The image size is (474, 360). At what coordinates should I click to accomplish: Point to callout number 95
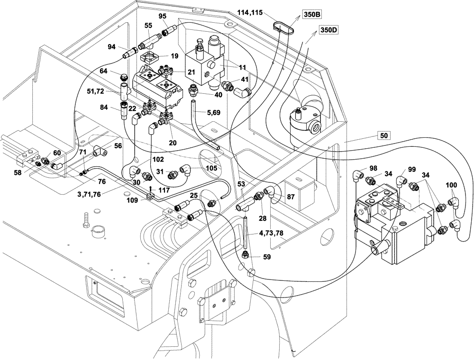click(x=163, y=16)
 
